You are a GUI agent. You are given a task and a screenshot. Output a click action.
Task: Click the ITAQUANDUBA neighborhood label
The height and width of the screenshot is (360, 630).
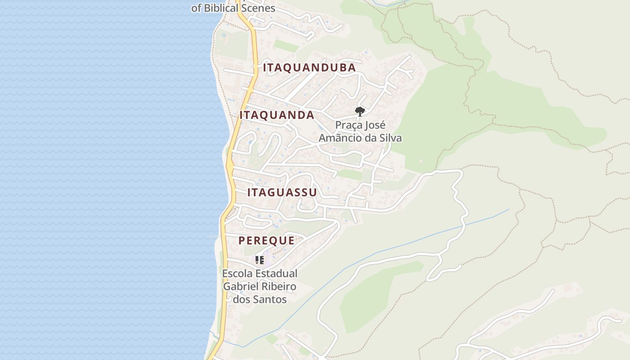coord(310,68)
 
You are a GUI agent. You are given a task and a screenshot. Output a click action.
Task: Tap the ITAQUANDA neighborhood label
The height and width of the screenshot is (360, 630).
coord(277,115)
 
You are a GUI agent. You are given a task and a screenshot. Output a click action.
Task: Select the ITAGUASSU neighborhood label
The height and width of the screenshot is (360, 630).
coord(282,193)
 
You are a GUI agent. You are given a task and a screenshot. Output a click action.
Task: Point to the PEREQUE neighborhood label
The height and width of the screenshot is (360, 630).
coord(266,241)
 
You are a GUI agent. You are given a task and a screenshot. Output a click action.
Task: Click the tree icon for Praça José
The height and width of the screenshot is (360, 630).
coord(360,111)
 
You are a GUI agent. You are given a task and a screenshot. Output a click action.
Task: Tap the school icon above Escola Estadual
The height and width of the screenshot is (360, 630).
coord(260,260)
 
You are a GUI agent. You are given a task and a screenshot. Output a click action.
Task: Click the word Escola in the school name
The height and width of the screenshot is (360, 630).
coord(238,274)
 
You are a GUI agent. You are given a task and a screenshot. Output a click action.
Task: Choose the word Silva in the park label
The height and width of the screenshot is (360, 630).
coord(390,138)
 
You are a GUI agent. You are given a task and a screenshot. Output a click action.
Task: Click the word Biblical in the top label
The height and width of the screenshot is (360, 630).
coord(220,8)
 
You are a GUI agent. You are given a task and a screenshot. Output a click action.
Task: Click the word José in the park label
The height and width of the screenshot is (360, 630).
coord(375,125)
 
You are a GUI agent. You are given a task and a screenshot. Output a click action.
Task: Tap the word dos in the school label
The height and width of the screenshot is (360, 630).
coord(242,299)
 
